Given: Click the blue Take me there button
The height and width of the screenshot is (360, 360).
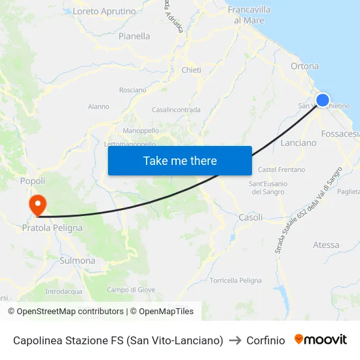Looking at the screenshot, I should (180, 160).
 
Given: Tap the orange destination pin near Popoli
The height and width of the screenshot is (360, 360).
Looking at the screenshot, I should (38, 204).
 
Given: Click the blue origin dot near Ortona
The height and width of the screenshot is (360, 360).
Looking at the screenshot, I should (323, 100).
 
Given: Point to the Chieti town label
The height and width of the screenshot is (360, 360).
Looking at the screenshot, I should (191, 70).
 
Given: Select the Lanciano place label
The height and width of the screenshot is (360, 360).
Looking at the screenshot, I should (298, 143).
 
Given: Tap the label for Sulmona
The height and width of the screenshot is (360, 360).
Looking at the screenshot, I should (77, 261).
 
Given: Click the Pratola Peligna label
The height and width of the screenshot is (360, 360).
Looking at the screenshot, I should (52, 228).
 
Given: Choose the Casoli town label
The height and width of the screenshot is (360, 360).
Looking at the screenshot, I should (251, 217).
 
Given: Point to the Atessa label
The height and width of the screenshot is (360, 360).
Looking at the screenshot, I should (326, 245).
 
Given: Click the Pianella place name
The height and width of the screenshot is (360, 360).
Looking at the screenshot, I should (134, 37).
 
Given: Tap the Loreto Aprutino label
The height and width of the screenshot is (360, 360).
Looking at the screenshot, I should (104, 12).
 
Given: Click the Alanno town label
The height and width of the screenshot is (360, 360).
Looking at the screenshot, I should (98, 107).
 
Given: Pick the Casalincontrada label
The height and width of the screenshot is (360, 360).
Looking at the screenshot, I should (176, 110).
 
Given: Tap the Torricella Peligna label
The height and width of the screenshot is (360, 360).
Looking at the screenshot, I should (236, 280).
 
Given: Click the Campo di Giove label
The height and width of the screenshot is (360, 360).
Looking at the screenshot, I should (131, 290).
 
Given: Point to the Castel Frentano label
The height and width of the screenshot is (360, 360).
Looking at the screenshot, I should (281, 170).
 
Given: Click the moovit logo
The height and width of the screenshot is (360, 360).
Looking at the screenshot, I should (321, 340).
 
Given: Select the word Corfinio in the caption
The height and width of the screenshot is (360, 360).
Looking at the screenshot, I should (266, 340).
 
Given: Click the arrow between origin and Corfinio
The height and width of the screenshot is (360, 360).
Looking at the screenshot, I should (235, 340).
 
